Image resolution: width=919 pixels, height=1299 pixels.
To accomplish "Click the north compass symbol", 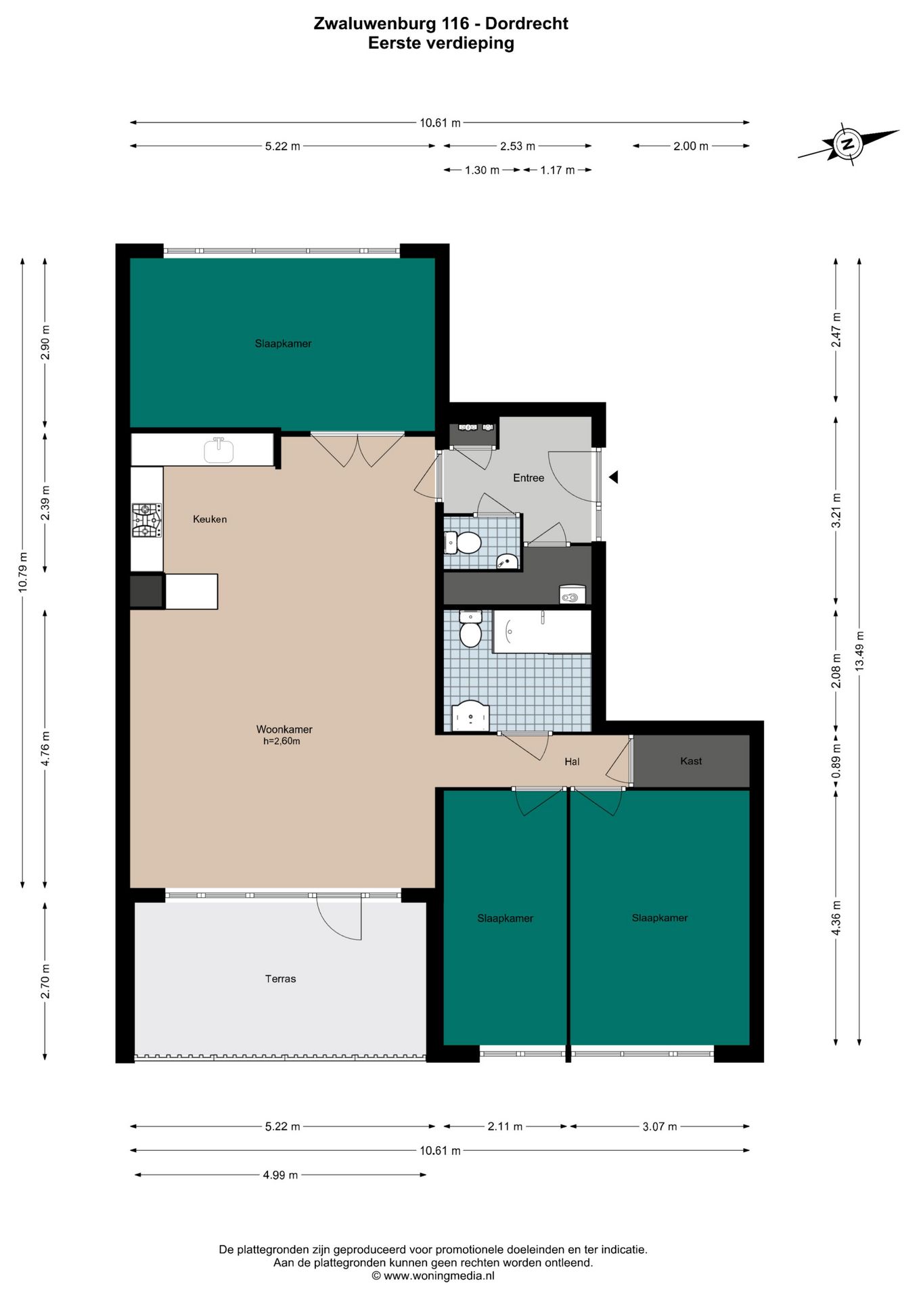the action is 847,143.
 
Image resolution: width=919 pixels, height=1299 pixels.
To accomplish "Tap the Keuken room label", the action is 210,519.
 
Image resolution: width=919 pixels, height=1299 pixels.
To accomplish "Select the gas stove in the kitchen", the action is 147,520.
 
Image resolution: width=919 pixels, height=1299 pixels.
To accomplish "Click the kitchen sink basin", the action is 219,450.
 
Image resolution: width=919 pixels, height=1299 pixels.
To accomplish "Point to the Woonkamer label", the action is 284,729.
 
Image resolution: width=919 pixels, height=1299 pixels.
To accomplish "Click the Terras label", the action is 280,978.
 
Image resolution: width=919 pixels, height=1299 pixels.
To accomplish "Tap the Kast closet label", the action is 691,761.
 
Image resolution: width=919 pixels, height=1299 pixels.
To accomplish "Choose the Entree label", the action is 529,478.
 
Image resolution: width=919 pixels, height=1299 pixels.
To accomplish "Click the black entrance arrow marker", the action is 613,477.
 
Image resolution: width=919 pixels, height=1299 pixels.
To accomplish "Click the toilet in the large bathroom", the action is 470,629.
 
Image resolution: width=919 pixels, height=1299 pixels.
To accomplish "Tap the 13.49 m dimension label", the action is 859,650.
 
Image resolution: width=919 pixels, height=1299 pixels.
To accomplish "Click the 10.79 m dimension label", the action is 23,572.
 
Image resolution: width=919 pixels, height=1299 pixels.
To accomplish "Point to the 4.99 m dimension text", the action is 280,1175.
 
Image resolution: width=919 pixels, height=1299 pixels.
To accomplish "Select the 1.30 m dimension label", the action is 482,170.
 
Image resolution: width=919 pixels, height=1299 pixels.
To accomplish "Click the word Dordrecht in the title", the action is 526,24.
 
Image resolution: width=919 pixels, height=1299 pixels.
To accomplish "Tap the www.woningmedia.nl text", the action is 439,1275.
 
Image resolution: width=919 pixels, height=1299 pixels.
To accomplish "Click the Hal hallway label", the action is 572,762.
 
